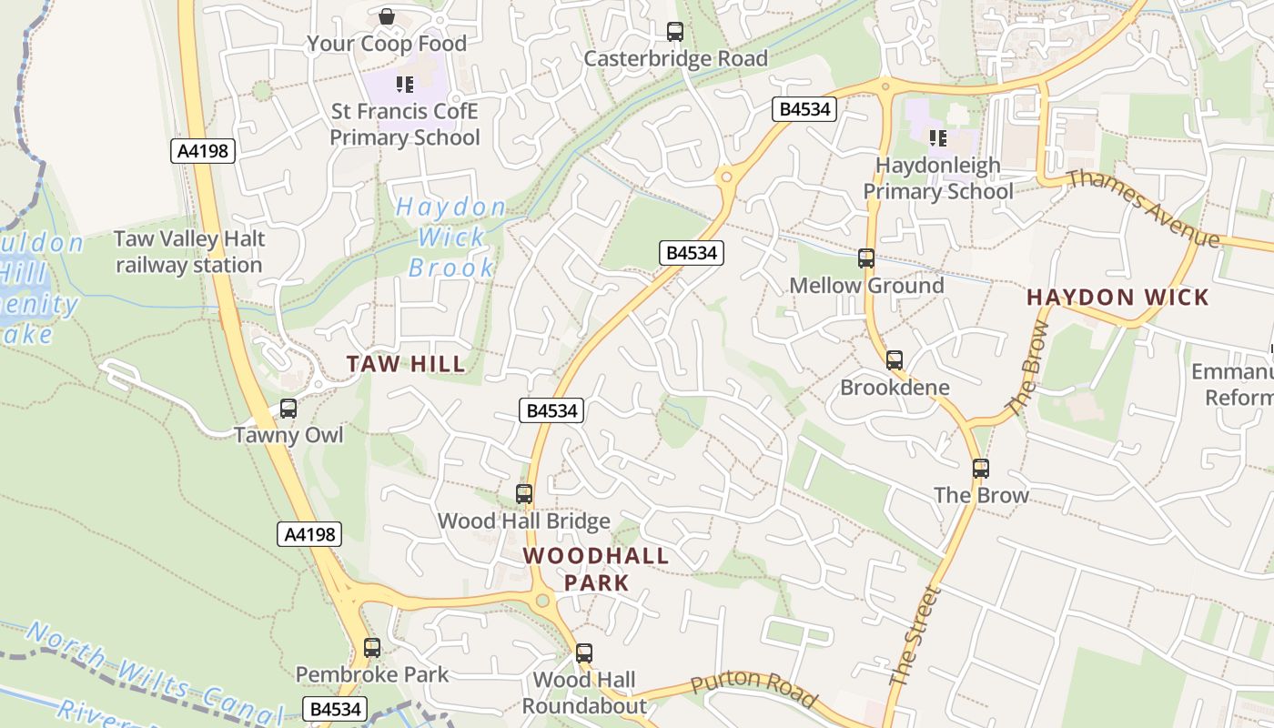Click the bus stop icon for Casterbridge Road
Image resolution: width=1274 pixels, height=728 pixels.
[675, 32]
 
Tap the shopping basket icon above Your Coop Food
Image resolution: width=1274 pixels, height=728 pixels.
[386, 16]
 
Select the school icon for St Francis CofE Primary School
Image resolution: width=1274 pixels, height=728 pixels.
[405, 85]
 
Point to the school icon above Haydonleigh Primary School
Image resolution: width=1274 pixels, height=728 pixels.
[937, 138]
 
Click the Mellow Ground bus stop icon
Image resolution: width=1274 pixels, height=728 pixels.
[866, 258]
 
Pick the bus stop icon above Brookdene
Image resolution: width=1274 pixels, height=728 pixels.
[895, 360]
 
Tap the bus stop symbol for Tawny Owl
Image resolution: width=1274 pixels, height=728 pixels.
[288, 409]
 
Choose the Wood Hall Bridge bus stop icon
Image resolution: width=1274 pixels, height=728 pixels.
[524, 494]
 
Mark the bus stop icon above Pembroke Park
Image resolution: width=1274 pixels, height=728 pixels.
[372, 648]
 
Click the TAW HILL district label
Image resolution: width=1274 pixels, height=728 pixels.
[406, 365]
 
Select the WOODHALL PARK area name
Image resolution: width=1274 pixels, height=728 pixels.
[596, 569]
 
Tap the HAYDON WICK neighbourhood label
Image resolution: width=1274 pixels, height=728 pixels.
[1117, 298]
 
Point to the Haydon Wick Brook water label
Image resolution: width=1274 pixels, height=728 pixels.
[451, 238]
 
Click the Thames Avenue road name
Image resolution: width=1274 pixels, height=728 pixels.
[1143, 207]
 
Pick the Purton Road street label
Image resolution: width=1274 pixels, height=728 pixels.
[753, 691]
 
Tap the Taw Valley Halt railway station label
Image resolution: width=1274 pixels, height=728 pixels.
[189, 252]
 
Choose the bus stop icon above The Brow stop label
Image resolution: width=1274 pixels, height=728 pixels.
[981, 469]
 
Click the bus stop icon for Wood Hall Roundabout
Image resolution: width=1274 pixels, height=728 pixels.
[584, 653]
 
